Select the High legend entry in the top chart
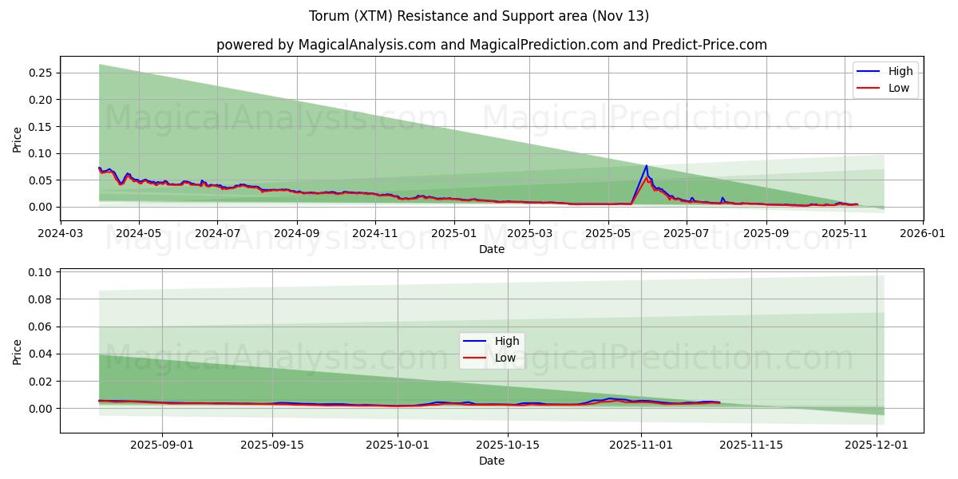(x=900, y=71)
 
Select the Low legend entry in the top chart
(x=898, y=88)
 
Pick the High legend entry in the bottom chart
(x=506, y=341)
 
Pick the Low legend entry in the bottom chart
(x=505, y=358)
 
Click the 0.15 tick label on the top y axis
(x=40, y=126)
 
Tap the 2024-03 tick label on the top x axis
(x=61, y=234)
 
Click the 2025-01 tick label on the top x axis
(x=453, y=234)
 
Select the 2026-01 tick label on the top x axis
(x=923, y=234)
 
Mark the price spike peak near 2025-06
(x=646, y=166)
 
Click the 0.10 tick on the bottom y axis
(x=40, y=272)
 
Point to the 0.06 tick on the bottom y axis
(x=40, y=327)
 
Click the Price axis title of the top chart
(x=18, y=139)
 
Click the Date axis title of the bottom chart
(x=491, y=461)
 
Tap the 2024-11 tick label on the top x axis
(x=375, y=234)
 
